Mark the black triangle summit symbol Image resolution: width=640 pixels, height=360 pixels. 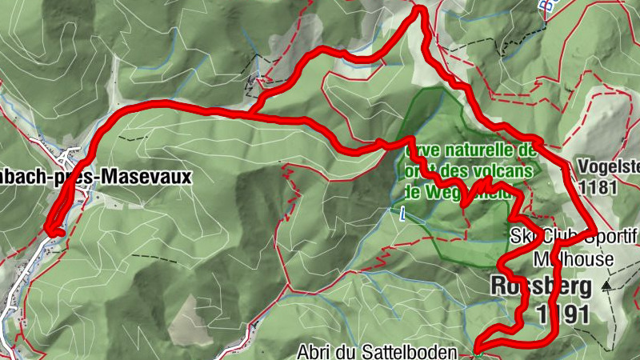pyautogui.click(x=609, y=284)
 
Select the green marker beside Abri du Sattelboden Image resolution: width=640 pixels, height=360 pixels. pyautogui.click(x=475, y=350)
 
